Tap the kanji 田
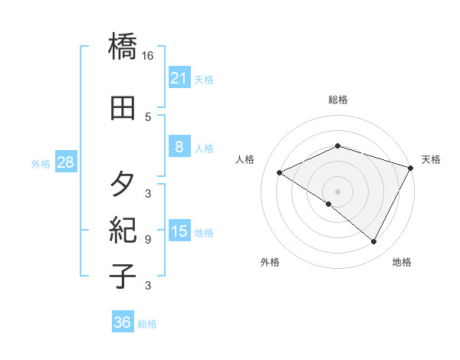click(x=123, y=108)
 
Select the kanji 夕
click(x=123, y=185)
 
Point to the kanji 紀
click(x=123, y=229)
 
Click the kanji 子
click(x=123, y=275)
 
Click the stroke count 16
click(x=148, y=56)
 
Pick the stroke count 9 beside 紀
click(x=148, y=240)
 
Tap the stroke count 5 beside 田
click(x=148, y=116)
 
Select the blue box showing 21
click(x=179, y=77)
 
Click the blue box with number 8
click(x=179, y=147)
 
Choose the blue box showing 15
click(x=179, y=231)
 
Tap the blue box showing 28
click(x=65, y=162)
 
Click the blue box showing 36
click(x=122, y=322)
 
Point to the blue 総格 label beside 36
click(x=147, y=324)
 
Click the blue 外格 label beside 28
click(x=41, y=163)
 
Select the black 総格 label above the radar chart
click(x=337, y=100)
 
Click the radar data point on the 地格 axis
click(x=374, y=242)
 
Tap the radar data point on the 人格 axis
click(x=279, y=173)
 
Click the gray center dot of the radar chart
click(x=337, y=191)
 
